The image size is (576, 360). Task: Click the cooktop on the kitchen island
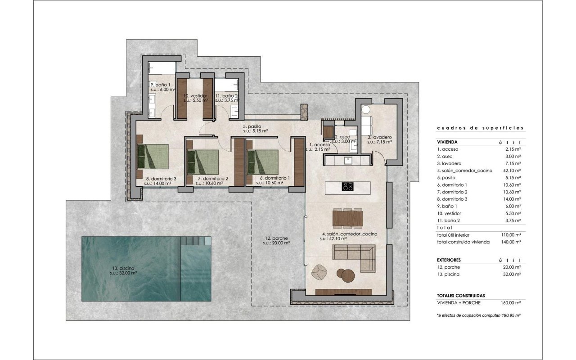tap(348, 186)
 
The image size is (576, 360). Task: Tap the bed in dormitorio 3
tap(153, 156)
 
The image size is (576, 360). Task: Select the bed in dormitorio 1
tap(262, 162)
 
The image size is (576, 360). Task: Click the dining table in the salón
tap(348, 218)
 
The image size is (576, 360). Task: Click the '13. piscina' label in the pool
tap(123, 268)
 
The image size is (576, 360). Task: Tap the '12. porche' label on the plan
tap(276, 238)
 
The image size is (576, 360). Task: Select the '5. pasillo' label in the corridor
tap(252, 126)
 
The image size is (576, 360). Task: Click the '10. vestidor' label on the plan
tap(195, 96)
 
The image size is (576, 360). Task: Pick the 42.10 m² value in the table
tap(512, 171)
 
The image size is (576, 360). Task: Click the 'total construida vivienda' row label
tap(463, 242)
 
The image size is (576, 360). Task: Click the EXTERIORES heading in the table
tap(449, 260)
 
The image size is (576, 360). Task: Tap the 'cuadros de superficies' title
tap(480, 128)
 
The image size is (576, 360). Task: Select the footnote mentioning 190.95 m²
tap(478, 315)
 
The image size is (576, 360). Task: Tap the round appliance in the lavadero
tap(366, 110)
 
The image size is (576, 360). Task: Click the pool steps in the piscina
tap(196, 241)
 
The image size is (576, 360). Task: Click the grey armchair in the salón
tap(319, 272)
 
